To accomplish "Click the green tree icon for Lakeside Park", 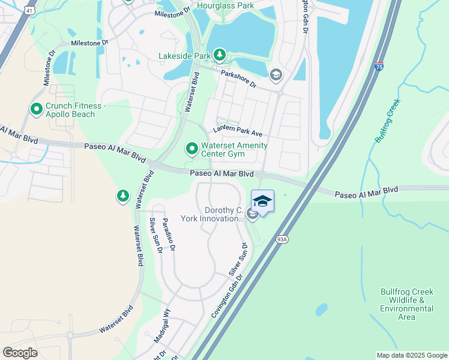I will coord(220,56).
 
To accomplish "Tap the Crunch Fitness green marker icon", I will coord(36,109).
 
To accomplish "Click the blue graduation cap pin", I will coord(262,202).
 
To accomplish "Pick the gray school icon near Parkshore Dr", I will coord(276,74).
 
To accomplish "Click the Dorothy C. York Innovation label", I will coord(223,215).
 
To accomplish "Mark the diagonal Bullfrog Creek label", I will coord(387,121).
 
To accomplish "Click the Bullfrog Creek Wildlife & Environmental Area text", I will coord(406,304).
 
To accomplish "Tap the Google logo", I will coord(20,352).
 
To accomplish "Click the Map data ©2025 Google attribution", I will coord(411,355).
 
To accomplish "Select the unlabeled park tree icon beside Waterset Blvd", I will coord(122,196).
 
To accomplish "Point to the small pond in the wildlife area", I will coord(322,310).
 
